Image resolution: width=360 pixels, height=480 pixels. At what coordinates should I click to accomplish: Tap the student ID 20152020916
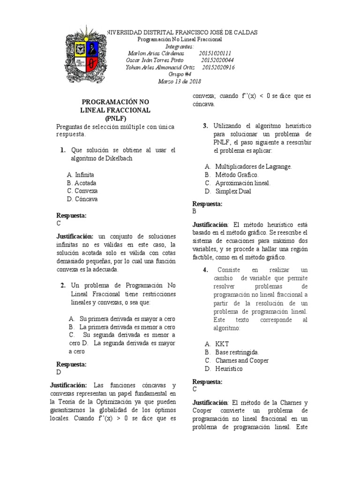pyautogui.click(x=218, y=67)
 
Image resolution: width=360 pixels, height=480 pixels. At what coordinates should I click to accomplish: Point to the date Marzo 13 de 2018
pyautogui.click(x=180, y=81)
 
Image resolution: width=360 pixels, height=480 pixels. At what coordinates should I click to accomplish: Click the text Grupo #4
pyautogui.click(x=180, y=74)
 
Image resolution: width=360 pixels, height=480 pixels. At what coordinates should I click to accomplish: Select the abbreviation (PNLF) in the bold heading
pyautogui.click(x=115, y=118)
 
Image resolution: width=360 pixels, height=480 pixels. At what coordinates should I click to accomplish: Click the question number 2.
pyautogui.click(x=63, y=285)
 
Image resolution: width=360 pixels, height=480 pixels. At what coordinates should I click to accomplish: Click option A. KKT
pyautogui.click(x=217, y=344)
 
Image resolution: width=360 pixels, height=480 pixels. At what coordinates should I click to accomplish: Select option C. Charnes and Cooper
pyautogui.click(x=237, y=360)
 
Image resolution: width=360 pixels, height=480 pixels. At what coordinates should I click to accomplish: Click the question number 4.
pyautogui.click(x=205, y=270)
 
